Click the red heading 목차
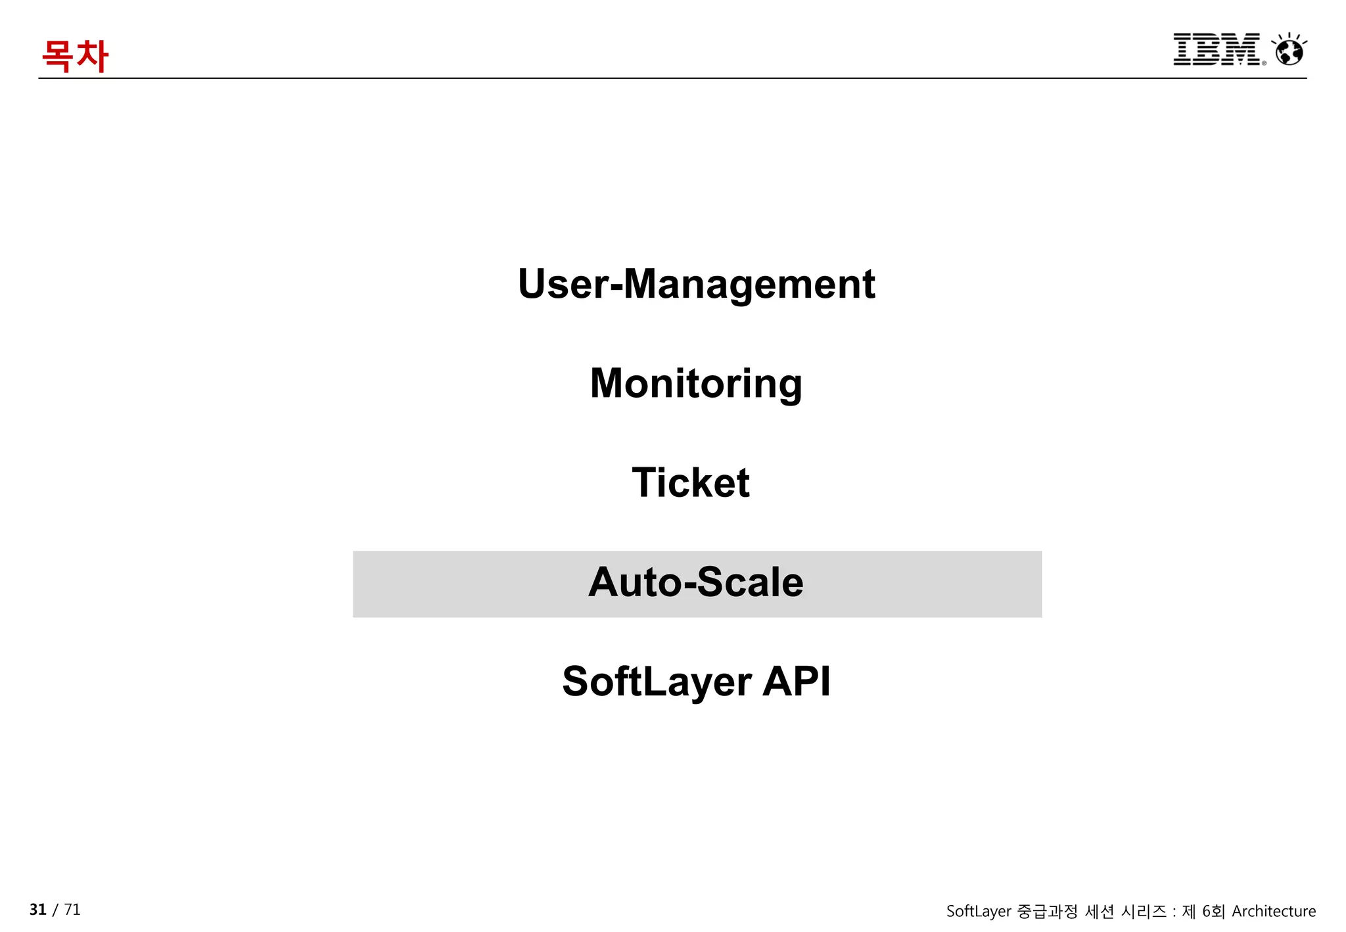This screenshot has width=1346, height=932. (75, 56)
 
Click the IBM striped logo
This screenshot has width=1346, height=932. (1217, 49)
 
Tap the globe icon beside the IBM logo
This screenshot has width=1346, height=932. (1289, 50)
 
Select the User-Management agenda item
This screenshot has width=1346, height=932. (696, 284)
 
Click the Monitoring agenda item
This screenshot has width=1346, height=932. (696, 383)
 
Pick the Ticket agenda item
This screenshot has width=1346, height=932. (690, 482)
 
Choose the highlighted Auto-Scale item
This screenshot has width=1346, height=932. (696, 582)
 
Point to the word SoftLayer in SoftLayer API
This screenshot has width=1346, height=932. (657, 682)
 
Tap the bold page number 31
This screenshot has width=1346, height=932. (38, 910)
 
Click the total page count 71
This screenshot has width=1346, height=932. (72, 910)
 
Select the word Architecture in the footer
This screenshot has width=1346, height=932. (1274, 911)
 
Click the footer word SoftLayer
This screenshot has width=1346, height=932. (979, 912)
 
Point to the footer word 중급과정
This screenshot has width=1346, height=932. (1048, 911)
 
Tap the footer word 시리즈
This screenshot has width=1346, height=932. (1144, 911)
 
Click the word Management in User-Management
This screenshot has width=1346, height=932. (749, 284)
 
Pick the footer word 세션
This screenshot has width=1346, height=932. (1100, 911)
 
